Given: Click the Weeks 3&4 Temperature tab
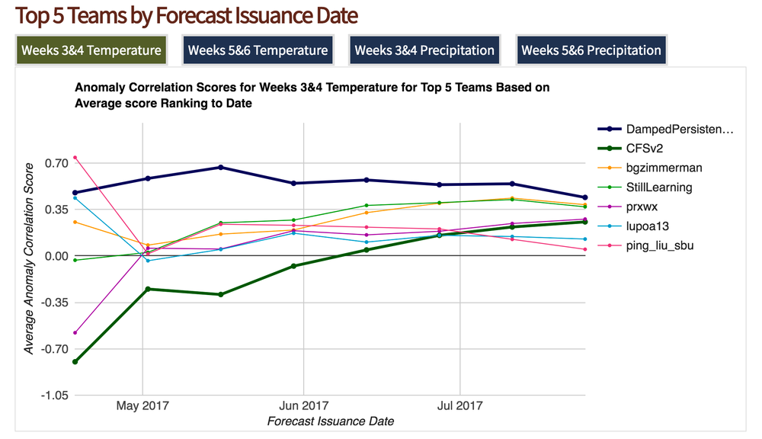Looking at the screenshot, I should click(91, 50).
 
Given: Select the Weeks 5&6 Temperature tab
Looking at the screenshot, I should click(258, 50).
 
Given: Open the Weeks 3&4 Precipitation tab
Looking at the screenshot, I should click(424, 50).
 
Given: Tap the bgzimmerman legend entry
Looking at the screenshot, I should click(663, 168).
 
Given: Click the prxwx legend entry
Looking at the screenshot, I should click(644, 207).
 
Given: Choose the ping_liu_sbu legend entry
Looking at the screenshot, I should click(659, 245).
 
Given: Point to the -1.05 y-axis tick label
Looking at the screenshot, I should click(53, 396).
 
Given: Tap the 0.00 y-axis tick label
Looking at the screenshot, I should click(56, 256).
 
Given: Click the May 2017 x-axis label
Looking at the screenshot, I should click(142, 405).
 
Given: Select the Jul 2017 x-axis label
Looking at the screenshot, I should click(459, 405).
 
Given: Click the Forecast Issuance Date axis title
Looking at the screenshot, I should click(331, 421).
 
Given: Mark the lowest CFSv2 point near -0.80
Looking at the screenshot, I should click(75, 362).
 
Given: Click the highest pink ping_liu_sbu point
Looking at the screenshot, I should click(75, 158).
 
